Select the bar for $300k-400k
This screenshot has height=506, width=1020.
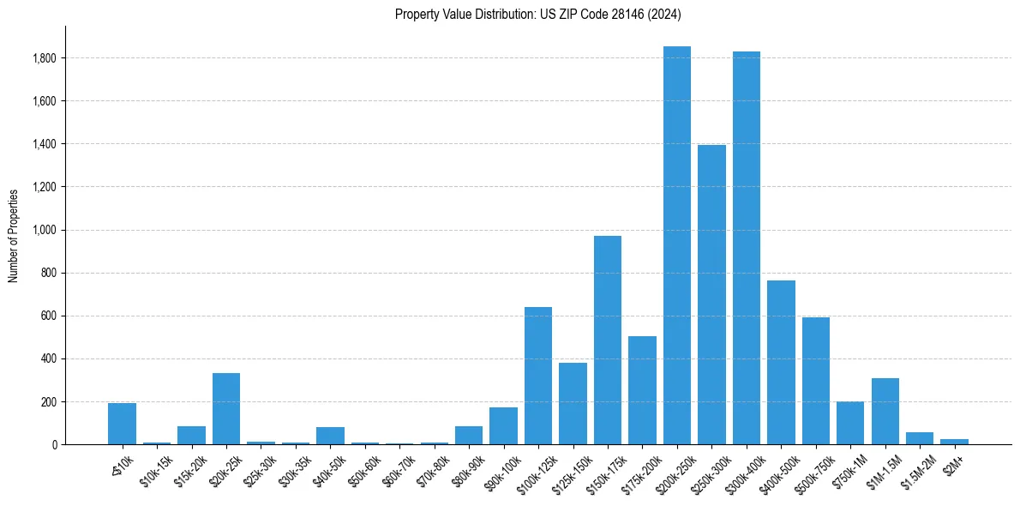coord(747,248)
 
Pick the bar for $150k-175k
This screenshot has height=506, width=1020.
coord(608,340)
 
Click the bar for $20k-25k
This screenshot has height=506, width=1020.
coord(226,408)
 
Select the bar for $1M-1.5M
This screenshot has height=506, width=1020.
coord(885,411)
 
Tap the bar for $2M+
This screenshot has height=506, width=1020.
coord(954,442)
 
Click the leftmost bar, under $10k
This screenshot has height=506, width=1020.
coord(122,424)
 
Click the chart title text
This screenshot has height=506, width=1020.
coord(538,14)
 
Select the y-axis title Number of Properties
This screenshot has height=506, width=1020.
coord(14,235)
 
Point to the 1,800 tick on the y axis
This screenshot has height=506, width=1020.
coord(45,58)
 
